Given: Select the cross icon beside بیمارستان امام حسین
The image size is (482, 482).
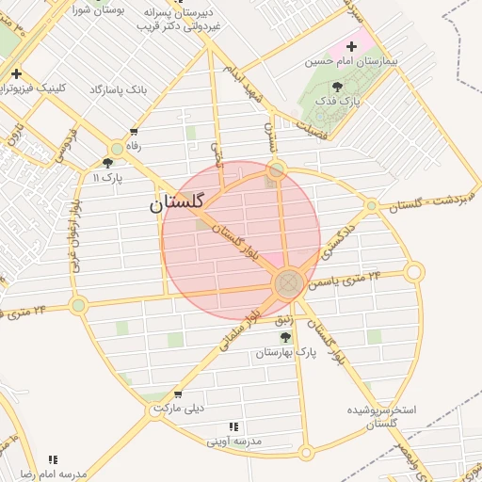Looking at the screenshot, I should coord(353,46).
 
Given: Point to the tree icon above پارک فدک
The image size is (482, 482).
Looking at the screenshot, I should coord(338,85).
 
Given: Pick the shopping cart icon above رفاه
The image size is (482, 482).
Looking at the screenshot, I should coord(135,132).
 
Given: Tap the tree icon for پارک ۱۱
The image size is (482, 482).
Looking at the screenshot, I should coord(108,163).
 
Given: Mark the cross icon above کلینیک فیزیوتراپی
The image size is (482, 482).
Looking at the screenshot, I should coord(16,73).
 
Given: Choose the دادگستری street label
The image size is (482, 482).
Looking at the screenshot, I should coord(338,241).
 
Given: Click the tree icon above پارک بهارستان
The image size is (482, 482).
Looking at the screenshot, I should coord(285,336).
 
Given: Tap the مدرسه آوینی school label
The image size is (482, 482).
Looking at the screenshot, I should coord(234,441).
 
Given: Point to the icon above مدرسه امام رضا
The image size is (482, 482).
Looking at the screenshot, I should coord(53,459).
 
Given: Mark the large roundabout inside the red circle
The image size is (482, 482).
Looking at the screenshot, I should coord(288,282).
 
